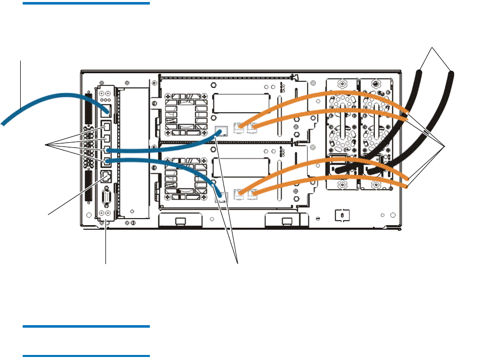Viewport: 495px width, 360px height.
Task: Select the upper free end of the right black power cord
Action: coord(451,74)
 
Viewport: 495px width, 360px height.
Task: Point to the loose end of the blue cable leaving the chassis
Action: coord(4,122)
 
